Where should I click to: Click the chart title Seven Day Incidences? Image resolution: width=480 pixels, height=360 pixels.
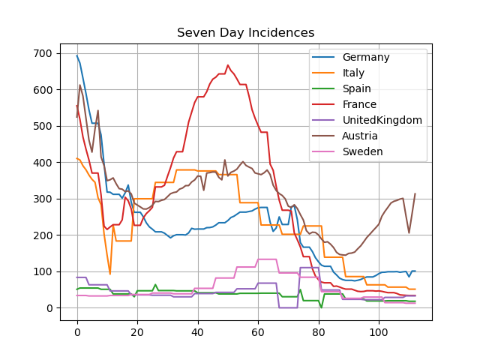[245, 33]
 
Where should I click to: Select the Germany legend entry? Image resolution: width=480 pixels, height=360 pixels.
[366, 57]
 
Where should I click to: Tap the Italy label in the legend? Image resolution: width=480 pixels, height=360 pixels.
[353, 73]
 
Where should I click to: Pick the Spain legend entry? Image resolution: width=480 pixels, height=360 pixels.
[357, 88]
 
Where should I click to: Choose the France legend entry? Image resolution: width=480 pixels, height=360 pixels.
[359, 104]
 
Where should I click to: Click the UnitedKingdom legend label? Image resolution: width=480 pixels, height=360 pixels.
[382, 120]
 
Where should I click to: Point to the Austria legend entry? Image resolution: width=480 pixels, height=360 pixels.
[360, 136]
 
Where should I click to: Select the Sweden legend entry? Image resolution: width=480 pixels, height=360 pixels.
[362, 151]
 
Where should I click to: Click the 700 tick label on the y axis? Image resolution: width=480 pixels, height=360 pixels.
[43, 53]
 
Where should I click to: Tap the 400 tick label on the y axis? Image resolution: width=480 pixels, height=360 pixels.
[43, 163]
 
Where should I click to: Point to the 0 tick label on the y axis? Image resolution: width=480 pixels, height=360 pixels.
[49, 308]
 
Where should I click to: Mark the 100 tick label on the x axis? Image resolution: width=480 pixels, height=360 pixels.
[379, 332]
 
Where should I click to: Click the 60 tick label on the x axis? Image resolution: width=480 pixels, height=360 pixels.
[258, 332]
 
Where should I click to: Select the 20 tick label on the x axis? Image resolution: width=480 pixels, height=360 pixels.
[137, 332]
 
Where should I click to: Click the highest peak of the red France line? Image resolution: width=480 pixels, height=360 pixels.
[228, 65]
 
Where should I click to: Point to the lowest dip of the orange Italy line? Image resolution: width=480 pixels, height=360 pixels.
[110, 274]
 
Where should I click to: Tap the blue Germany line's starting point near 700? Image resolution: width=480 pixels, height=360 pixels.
[77, 55]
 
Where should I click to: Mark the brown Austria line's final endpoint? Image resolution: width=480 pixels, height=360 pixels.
[415, 193]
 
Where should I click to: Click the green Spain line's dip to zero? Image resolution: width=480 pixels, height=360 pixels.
[322, 307]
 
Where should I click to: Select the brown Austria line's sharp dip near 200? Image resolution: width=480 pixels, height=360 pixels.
[409, 233]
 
